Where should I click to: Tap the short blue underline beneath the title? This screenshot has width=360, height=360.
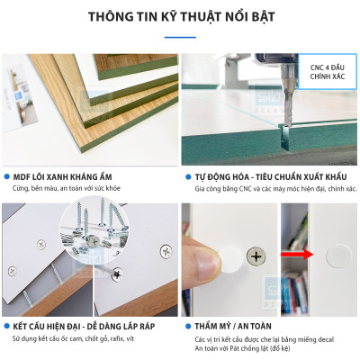pos(180,37)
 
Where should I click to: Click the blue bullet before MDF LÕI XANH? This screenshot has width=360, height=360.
pos(6,177)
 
